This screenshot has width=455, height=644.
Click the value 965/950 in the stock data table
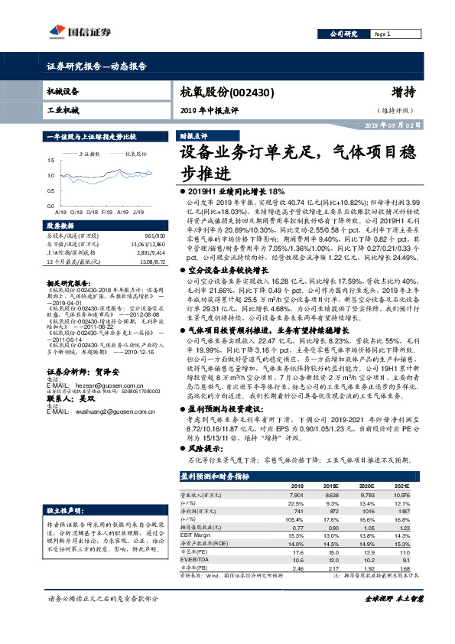click(x=155, y=237)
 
